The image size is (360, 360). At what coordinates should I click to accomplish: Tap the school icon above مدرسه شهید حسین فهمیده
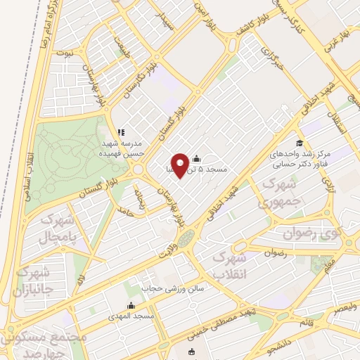click(121, 132)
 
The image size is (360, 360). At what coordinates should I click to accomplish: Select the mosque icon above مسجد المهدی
click(130, 306)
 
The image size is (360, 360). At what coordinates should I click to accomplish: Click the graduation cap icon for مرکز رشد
click(300, 143)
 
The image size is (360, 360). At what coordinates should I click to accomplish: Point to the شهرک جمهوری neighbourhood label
click(266, 193)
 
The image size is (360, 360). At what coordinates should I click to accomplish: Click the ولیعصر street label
click(345, 307)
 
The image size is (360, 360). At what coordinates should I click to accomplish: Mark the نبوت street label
click(64, 53)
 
